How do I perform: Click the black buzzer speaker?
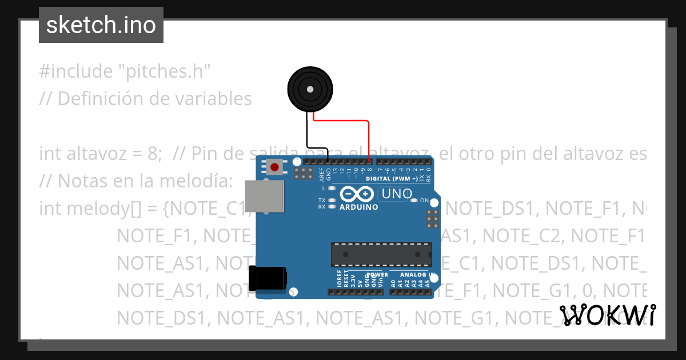309,89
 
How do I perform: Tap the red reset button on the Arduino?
275,167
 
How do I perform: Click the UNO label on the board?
397,194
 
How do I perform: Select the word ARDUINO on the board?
358,207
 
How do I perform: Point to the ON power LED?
415,201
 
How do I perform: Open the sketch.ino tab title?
101,25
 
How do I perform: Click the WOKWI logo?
607,315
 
